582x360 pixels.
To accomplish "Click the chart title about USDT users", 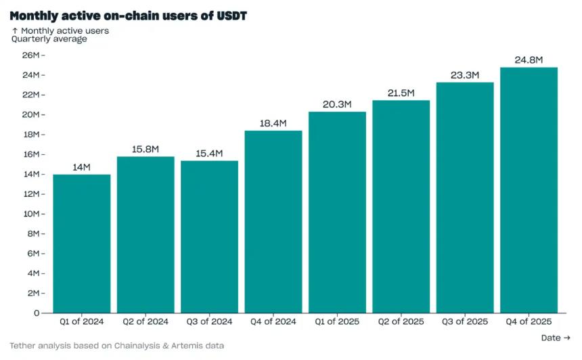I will (x=128, y=15).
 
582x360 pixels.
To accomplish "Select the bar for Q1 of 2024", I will (x=81, y=244).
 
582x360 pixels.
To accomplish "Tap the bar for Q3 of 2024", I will (x=209, y=237).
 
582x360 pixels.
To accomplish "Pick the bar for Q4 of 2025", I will (x=529, y=189).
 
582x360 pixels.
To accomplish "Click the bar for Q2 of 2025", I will (x=401, y=206).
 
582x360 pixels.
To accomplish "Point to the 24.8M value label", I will (x=529, y=60).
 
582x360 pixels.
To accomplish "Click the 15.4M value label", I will (x=209, y=153).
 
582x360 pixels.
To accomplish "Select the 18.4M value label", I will (x=273, y=123).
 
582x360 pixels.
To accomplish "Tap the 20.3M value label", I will (x=337, y=104).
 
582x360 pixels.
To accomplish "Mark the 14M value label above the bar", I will (x=81, y=166).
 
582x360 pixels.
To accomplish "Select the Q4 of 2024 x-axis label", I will (x=273, y=322).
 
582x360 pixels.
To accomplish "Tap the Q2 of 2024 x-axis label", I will (x=145, y=322).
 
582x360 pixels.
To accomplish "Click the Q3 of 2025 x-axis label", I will (x=465, y=322).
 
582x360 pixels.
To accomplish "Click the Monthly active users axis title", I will (x=64, y=30).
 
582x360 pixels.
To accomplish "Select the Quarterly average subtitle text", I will (x=49, y=39).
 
